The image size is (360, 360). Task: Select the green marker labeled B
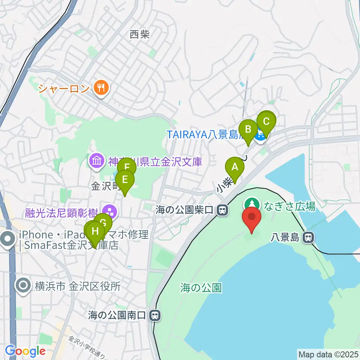pos(248,129)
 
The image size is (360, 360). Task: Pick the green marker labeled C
pos(266,121)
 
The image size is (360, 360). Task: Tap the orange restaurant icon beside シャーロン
pos(100,88)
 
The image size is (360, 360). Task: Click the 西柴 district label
pos(139,35)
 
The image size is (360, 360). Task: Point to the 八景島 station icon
pos(309,237)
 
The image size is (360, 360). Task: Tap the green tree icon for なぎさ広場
pos(252,205)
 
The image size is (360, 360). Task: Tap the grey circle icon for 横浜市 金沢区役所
pos(23,286)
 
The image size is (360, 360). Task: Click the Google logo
pos(25,351)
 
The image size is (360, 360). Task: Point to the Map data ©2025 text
pos(328,354)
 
